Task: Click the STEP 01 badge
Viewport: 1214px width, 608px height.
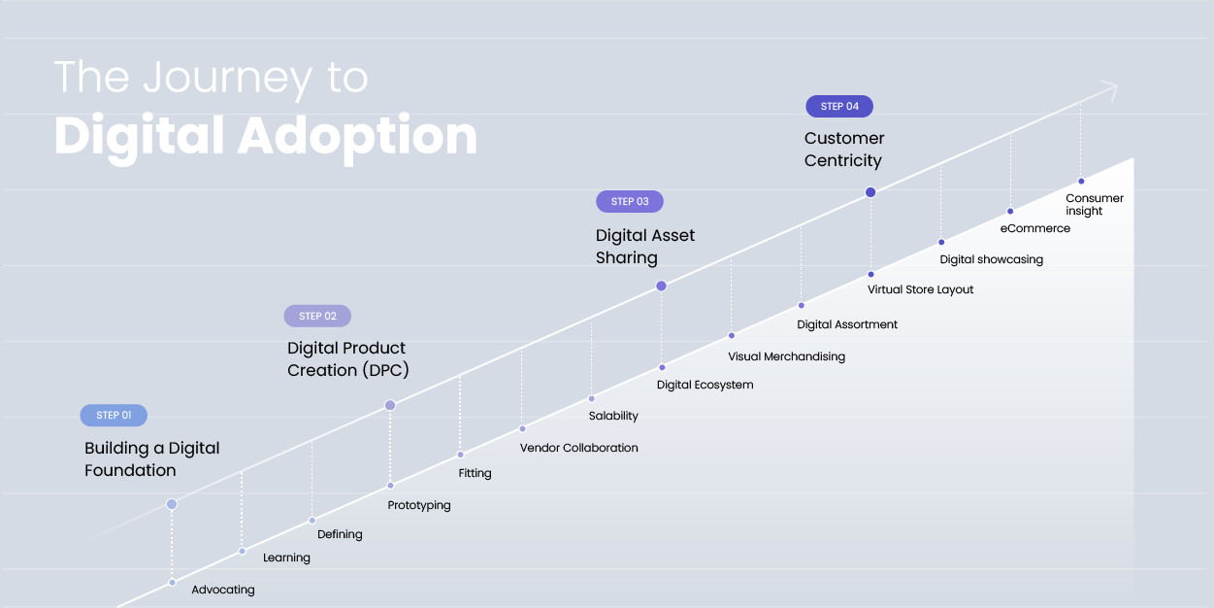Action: (114, 416)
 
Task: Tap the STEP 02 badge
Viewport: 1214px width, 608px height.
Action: (317, 316)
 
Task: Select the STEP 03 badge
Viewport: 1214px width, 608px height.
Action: (630, 202)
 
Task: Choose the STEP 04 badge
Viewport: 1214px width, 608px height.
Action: (839, 106)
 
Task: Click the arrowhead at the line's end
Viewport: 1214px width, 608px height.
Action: (1111, 90)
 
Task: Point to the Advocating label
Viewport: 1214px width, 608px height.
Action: (223, 590)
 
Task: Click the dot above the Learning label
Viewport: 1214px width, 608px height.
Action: (243, 552)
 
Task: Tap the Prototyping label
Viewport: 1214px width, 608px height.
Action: (419, 505)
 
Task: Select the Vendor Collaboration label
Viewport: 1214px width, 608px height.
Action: (579, 448)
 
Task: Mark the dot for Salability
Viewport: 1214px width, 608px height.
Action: (592, 398)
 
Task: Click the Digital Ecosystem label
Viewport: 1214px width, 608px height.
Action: (705, 385)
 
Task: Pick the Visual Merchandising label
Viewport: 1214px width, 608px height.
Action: (786, 356)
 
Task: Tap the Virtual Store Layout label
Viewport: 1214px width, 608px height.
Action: (920, 289)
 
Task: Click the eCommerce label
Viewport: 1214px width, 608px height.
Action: (1035, 228)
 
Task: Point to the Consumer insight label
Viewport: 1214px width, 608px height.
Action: (1095, 205)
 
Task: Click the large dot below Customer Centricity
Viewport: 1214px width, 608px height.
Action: (870, 192)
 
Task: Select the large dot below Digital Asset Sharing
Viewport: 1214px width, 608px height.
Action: (661, 286)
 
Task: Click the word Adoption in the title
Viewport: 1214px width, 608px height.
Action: (357, 136)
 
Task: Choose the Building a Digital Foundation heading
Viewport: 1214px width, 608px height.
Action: (152, 459)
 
